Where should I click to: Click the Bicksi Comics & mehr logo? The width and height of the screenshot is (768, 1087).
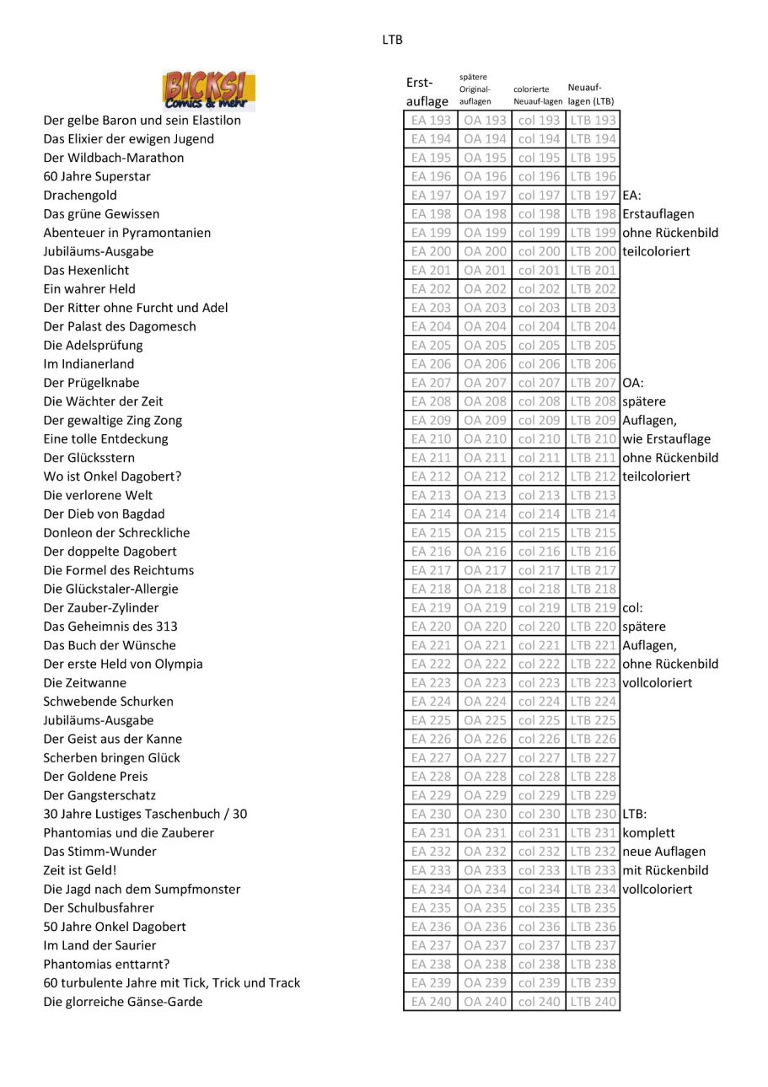[x=208, y=91]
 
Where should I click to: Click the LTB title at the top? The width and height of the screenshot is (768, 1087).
[x=392, y=40]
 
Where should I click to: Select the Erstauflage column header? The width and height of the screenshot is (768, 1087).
[x=427, y=92]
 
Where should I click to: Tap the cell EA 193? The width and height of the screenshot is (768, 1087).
[x=431, y=121]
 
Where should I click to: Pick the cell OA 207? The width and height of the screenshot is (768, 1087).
[x=485, y=383]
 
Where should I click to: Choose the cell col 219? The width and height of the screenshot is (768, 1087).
[x=539, y=608]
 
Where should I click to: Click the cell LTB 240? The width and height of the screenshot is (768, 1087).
[x=593, y=1002]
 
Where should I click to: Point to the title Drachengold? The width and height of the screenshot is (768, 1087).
[x=80, y=196]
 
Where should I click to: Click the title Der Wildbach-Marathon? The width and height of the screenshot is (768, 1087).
[x=113, y=158]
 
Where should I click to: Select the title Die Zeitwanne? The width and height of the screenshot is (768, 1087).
[x=84, y=683]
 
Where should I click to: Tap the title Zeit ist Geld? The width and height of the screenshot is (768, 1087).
[x=80, y=870]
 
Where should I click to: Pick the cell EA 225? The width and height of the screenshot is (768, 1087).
[x=431, y=720]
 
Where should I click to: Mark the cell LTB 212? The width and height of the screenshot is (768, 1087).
[x=593, y=476]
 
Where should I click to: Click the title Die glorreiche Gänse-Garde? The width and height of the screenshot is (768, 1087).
[x=122, y=1002]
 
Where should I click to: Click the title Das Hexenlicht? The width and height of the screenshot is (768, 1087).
[x=86, y=271]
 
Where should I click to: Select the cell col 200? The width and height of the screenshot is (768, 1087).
[x=539, y=251]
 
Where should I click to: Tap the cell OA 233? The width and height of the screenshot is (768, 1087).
[x=485, y=870]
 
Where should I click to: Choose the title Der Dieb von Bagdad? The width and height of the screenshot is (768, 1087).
[x=104, y=514]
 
